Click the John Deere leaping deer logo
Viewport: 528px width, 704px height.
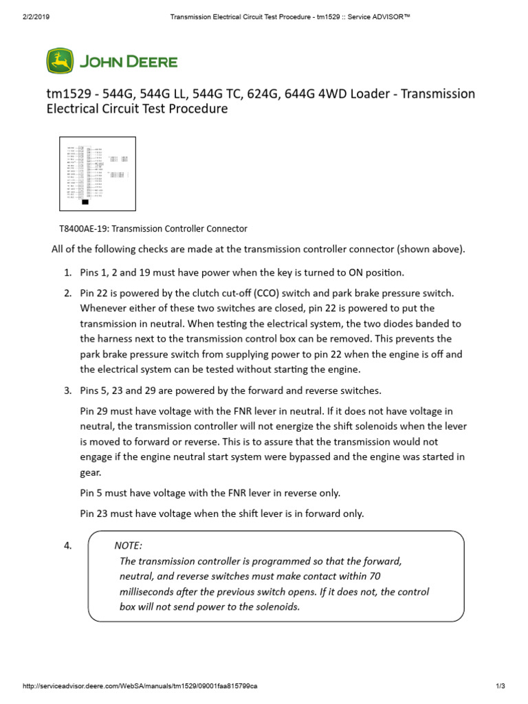coord(59,61)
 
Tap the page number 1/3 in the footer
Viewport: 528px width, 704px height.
coord(500,686)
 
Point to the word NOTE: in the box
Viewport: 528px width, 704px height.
coord(129,545)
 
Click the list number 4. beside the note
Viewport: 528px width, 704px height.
coord(68,546)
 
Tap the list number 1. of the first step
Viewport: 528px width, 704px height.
coord(68,272)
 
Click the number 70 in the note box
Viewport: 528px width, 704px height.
coord(375,576)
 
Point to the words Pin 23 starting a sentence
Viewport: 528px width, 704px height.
coord(94,513)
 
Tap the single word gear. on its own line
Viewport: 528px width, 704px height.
coord(92,472)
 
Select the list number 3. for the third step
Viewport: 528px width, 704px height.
coord(68,390)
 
